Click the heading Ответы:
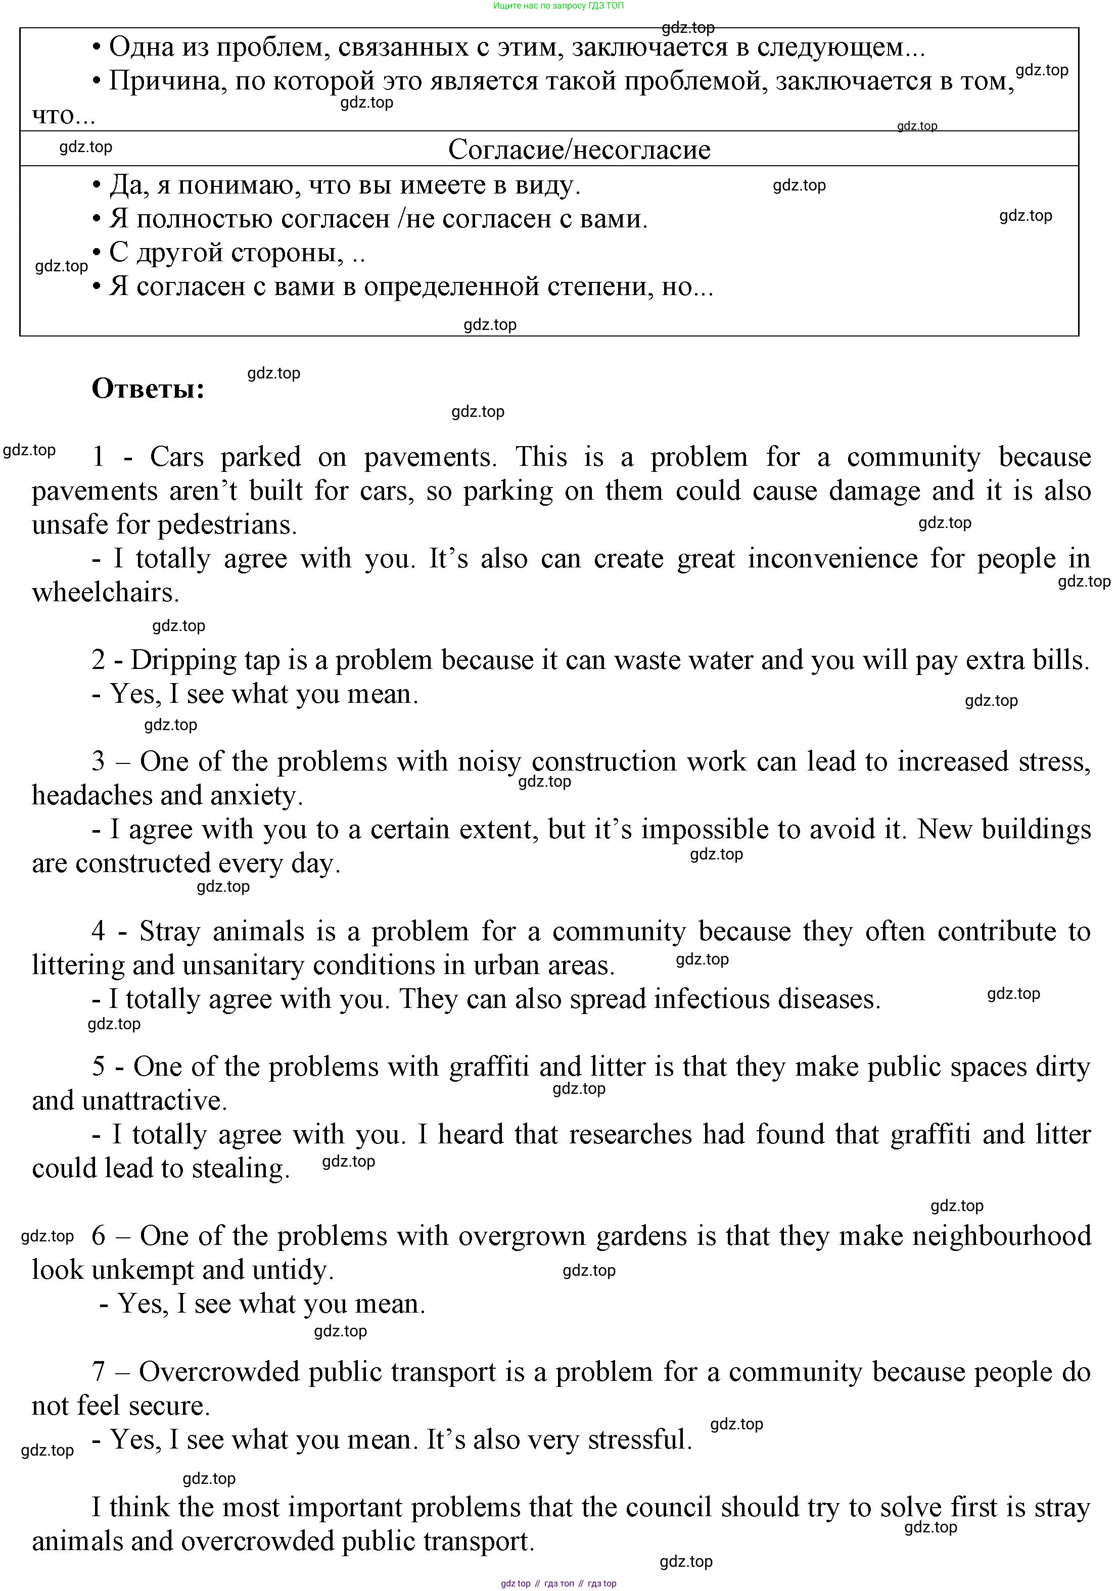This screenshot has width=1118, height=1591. [x=148, y=389]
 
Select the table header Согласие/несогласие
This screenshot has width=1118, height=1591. [x=579, y=150]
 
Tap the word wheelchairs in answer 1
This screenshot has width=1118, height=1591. [x=105, y=593]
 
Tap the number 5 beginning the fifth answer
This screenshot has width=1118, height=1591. [x=99, y=1067]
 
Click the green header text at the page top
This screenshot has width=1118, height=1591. [x=558, y=6]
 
